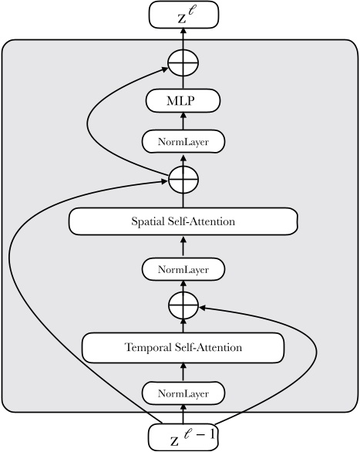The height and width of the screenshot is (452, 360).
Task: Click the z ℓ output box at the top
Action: point(183,15)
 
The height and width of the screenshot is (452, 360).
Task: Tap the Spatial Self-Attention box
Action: point(183,222)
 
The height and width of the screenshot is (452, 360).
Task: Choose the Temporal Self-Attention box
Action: point(183,347)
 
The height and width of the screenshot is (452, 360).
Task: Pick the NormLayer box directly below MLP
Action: point(183,141)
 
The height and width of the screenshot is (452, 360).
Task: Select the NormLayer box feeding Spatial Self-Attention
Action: point(183,269)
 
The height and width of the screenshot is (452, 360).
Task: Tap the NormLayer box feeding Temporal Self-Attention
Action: point(183,393)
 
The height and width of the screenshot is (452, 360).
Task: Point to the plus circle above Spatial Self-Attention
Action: point(183,180)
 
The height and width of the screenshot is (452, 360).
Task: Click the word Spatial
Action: point(148,223)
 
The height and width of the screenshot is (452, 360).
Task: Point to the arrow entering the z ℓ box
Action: point(183,36)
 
